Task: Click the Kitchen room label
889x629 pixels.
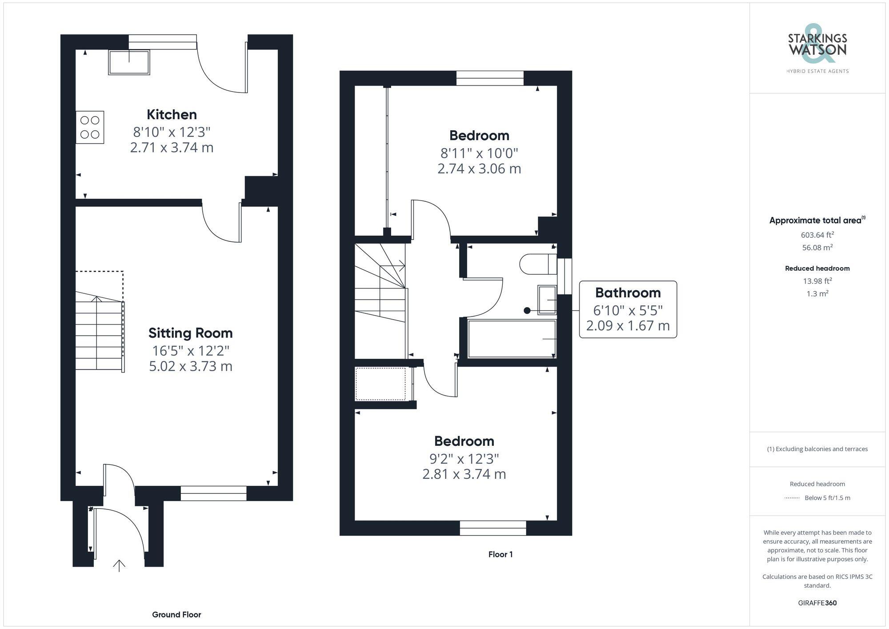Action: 172,115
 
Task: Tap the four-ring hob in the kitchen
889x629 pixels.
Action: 90,127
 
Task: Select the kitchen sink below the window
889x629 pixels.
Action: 129,62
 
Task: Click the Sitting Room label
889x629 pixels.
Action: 190,333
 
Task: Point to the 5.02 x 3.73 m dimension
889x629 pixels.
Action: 190,366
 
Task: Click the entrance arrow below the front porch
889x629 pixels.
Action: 119,565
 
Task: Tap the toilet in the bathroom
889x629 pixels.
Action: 538,264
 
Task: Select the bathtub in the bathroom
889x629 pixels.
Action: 511,339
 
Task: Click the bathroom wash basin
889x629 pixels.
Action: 547,300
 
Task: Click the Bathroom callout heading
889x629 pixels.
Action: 628,293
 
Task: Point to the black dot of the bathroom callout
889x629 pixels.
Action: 527,311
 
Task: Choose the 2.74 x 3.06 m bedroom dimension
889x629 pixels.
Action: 479,169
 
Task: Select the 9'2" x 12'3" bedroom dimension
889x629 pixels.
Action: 464,458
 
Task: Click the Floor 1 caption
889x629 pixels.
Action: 501,554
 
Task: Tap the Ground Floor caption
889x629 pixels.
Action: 176,615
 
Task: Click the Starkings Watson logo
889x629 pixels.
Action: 817,49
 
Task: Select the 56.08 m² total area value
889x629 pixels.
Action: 817,248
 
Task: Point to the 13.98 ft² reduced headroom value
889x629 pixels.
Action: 817,281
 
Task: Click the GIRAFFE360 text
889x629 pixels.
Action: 817,603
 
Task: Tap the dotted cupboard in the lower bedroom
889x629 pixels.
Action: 380,384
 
